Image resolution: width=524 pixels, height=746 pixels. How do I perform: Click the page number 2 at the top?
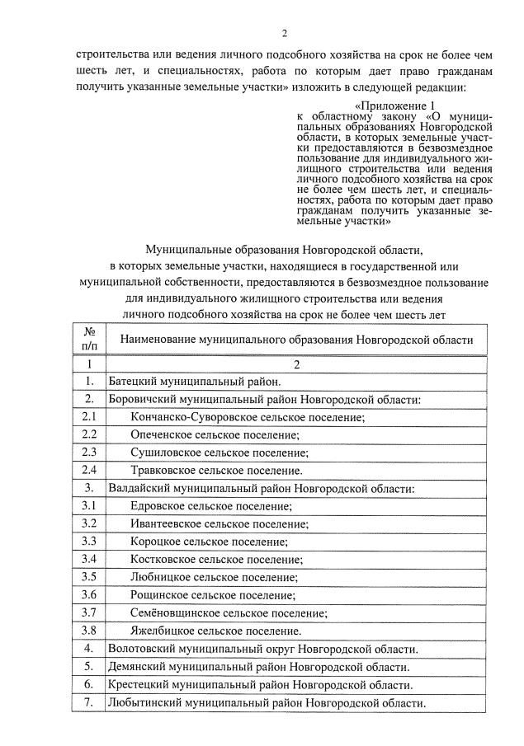coord(284,33)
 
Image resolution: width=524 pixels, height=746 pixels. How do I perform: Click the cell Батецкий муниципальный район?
coord(196,381)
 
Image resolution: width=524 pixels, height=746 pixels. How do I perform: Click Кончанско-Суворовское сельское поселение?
coord(248,417)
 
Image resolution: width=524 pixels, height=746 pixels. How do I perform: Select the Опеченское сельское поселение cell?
coord(215,434)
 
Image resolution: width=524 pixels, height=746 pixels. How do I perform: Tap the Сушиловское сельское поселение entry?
coord(219,453)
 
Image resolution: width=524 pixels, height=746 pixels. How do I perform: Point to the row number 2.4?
coord(89,470)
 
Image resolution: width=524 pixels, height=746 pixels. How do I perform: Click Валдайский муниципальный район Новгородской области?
coord(262,488)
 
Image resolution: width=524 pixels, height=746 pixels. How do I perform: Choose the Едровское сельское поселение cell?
coord(211,506)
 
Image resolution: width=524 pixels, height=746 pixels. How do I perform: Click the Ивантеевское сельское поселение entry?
coord(218,524)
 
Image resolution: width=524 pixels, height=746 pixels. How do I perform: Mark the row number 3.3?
coord(89,542)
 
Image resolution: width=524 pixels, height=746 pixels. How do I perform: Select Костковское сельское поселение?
coord(215,560)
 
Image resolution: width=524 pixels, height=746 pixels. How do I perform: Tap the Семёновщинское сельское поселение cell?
coord(229,613)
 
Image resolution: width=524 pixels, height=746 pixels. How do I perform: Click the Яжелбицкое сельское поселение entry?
coord(215,631)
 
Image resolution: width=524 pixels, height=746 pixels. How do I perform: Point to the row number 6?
coord(89,684)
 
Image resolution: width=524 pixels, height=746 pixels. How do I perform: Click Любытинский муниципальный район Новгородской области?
coord(267,703)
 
